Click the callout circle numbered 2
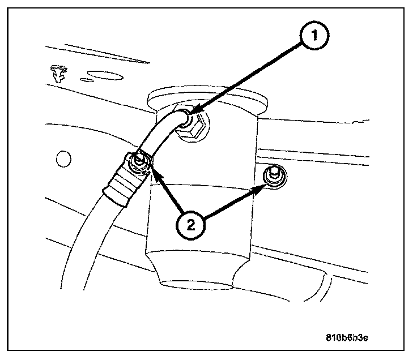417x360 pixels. pyautogui.click(x=191, y=226)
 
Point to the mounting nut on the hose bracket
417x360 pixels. pyautogui.click(x=138, y=164)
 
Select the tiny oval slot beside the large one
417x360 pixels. pyautogui.click(x=86, y=79)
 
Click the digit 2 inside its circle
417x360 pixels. pyautogui.click(x=191, y=226)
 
